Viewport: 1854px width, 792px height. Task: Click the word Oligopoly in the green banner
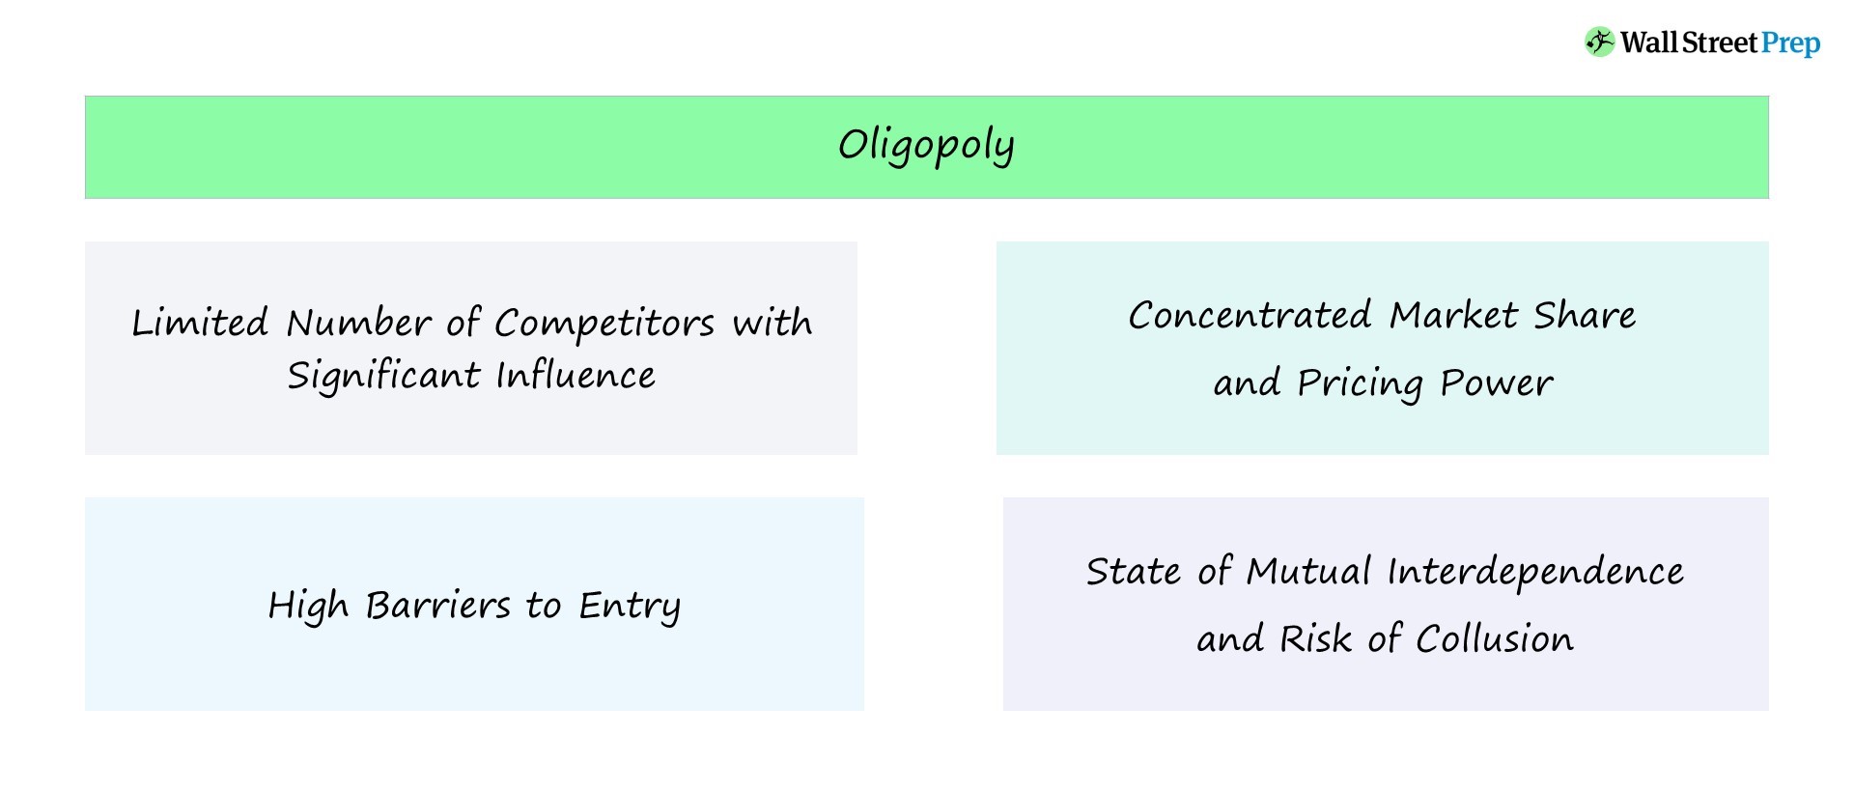926,147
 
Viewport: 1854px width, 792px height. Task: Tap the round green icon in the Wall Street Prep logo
1599,42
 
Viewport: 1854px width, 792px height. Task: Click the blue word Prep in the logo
1790,43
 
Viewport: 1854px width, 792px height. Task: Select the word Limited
200,323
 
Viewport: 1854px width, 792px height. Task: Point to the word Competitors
604,324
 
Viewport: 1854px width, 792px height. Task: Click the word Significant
382,376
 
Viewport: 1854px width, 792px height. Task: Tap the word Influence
576,375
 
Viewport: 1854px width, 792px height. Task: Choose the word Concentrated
1250,315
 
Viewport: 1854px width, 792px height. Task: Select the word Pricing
1360,383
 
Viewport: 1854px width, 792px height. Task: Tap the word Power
1496,382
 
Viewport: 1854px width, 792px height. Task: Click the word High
307,607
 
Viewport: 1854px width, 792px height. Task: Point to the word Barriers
437,606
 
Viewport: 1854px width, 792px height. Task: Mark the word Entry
630,607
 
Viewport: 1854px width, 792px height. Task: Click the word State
1133,571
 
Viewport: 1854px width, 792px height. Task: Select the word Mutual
1308,571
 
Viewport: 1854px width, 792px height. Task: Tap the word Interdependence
1535,572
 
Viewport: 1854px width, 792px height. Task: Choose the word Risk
1315,638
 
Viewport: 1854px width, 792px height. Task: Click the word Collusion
1494,638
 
